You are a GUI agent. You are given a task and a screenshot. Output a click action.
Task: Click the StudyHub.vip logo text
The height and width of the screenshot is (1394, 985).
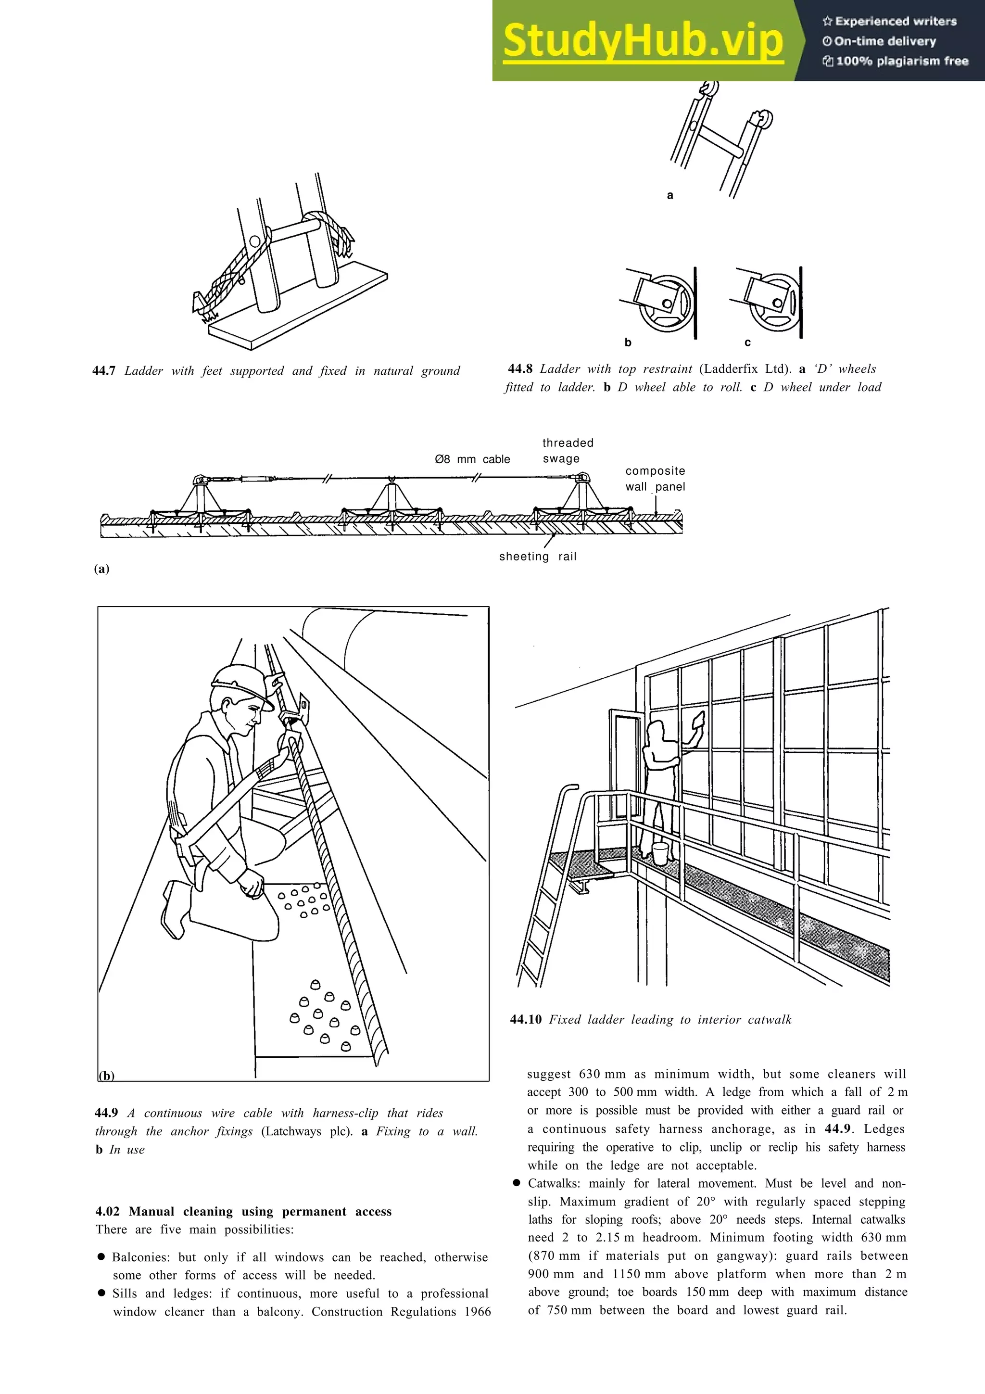(643, 40)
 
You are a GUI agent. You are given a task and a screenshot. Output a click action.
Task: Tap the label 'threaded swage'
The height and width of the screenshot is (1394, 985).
(568, 451)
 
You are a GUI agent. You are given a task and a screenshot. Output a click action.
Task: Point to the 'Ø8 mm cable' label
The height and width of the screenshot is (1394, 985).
(472, 459)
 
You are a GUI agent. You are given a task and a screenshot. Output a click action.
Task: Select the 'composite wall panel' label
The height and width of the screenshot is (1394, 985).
(655, 479)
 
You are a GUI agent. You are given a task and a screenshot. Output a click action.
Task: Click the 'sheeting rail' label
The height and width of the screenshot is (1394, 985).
(537, 556)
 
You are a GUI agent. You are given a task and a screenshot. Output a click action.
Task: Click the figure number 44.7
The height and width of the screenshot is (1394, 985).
(104, 371)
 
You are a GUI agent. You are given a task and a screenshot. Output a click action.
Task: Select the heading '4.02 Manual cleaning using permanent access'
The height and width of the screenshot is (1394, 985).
(243, 1211)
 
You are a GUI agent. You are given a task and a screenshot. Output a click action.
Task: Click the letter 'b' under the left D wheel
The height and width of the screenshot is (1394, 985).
(628, 342)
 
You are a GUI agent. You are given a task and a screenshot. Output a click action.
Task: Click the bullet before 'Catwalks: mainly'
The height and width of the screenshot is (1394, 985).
(517, 1183)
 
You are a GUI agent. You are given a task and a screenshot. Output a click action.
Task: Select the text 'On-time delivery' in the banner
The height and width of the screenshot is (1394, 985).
(885, 41)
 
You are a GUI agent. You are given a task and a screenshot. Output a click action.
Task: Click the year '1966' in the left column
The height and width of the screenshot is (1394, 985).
(477, 1311)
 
